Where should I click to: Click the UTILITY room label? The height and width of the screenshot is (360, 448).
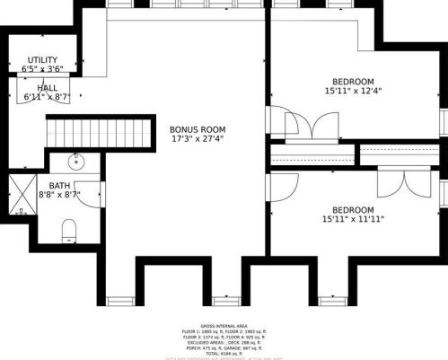point(41,59)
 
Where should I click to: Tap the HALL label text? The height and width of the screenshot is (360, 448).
point(47,87)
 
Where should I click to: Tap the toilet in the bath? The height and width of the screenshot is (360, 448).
point(70,233)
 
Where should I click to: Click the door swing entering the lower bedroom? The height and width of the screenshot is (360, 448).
point(284,187)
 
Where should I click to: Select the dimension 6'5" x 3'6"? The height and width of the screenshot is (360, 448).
point(41,68)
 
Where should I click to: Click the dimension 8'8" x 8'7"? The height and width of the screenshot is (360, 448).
point(59,194)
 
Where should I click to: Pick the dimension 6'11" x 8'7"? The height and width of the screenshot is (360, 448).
point(47,96)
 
